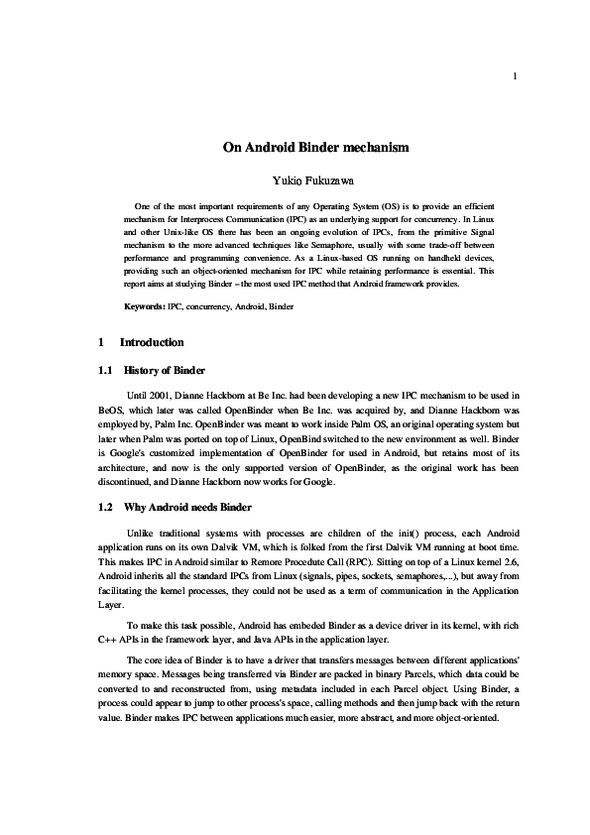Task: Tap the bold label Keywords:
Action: coord(145,307)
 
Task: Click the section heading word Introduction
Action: coord(152,343)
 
